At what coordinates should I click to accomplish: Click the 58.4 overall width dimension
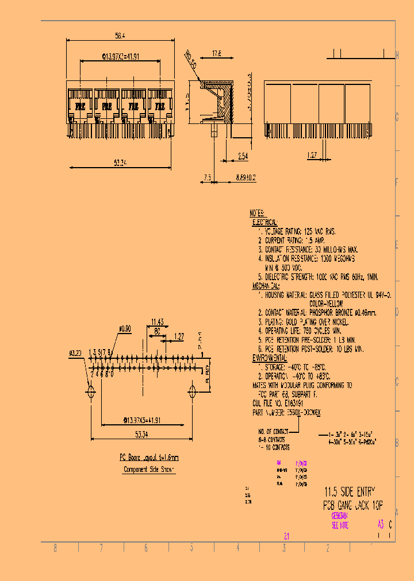click(x=120, y=36)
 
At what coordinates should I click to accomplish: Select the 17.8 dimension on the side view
click(x=217, y=54)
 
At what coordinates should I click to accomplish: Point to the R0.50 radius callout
click(x=190, y=59)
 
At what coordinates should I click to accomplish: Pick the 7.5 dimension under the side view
click(x=207, y=178)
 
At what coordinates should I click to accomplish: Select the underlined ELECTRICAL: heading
click(x=266, y=222)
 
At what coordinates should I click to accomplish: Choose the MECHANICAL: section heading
click(x=266, y=285)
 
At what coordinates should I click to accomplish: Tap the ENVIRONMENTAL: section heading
click(x=270, y=358)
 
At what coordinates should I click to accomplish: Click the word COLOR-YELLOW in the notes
click(x=326, y=303)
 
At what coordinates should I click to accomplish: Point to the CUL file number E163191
click(x=282, y=404)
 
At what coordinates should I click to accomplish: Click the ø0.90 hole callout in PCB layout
click(x=125, y=330)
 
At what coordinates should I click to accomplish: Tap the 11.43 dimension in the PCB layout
click(x=158, y=322)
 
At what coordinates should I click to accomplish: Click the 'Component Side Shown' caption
click(x=149, y=469)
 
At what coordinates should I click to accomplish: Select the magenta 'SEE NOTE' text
click(x=340, y=525)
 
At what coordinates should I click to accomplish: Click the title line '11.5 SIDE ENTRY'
click(x=349, y=492)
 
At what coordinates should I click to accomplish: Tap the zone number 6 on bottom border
click(x=146, y=548)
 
